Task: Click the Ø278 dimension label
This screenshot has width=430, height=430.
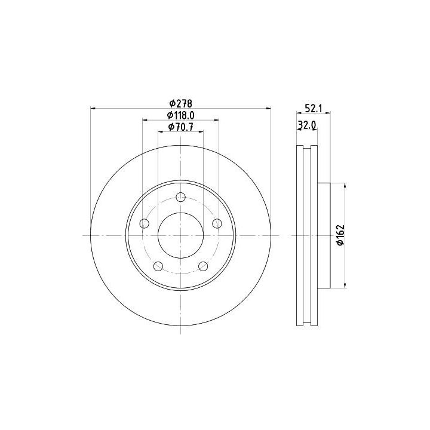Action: (x=181, y=103)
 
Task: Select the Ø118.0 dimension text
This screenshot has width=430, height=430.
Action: (x=181, y=115)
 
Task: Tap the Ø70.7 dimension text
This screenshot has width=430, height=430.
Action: (x=181, y=127)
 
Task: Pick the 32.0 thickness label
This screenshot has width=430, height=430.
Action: (x=307, y=125)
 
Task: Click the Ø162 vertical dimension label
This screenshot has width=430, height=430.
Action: (x=340, y=235)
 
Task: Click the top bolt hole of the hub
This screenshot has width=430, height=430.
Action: (x=181, y=197)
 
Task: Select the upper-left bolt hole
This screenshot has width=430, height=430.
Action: (x=145, y=223)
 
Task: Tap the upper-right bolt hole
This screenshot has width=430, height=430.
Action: (x=217, y=223)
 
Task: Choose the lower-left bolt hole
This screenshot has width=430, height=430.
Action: (x=158, y=266)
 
